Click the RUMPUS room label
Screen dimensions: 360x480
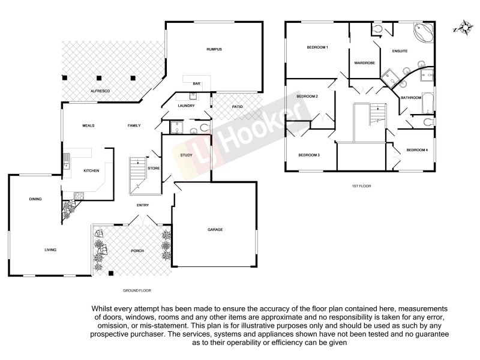[214, 49]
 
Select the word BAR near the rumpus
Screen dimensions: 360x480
[196, 83]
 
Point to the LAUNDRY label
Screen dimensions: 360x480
[187, 106]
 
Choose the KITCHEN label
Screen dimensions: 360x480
[91, 171]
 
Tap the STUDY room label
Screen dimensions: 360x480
[186, 155]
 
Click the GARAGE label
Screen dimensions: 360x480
[215, 229]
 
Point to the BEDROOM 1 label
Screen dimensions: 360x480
[317, 47]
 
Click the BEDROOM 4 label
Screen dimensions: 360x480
[416, 150]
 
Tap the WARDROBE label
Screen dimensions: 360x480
[364, 62]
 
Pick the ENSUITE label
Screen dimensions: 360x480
[400, 51]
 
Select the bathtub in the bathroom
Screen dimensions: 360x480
[428, 103]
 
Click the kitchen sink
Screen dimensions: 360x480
[67, 161]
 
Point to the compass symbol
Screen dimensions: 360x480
[463, 27]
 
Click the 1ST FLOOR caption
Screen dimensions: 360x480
[361, 187]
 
